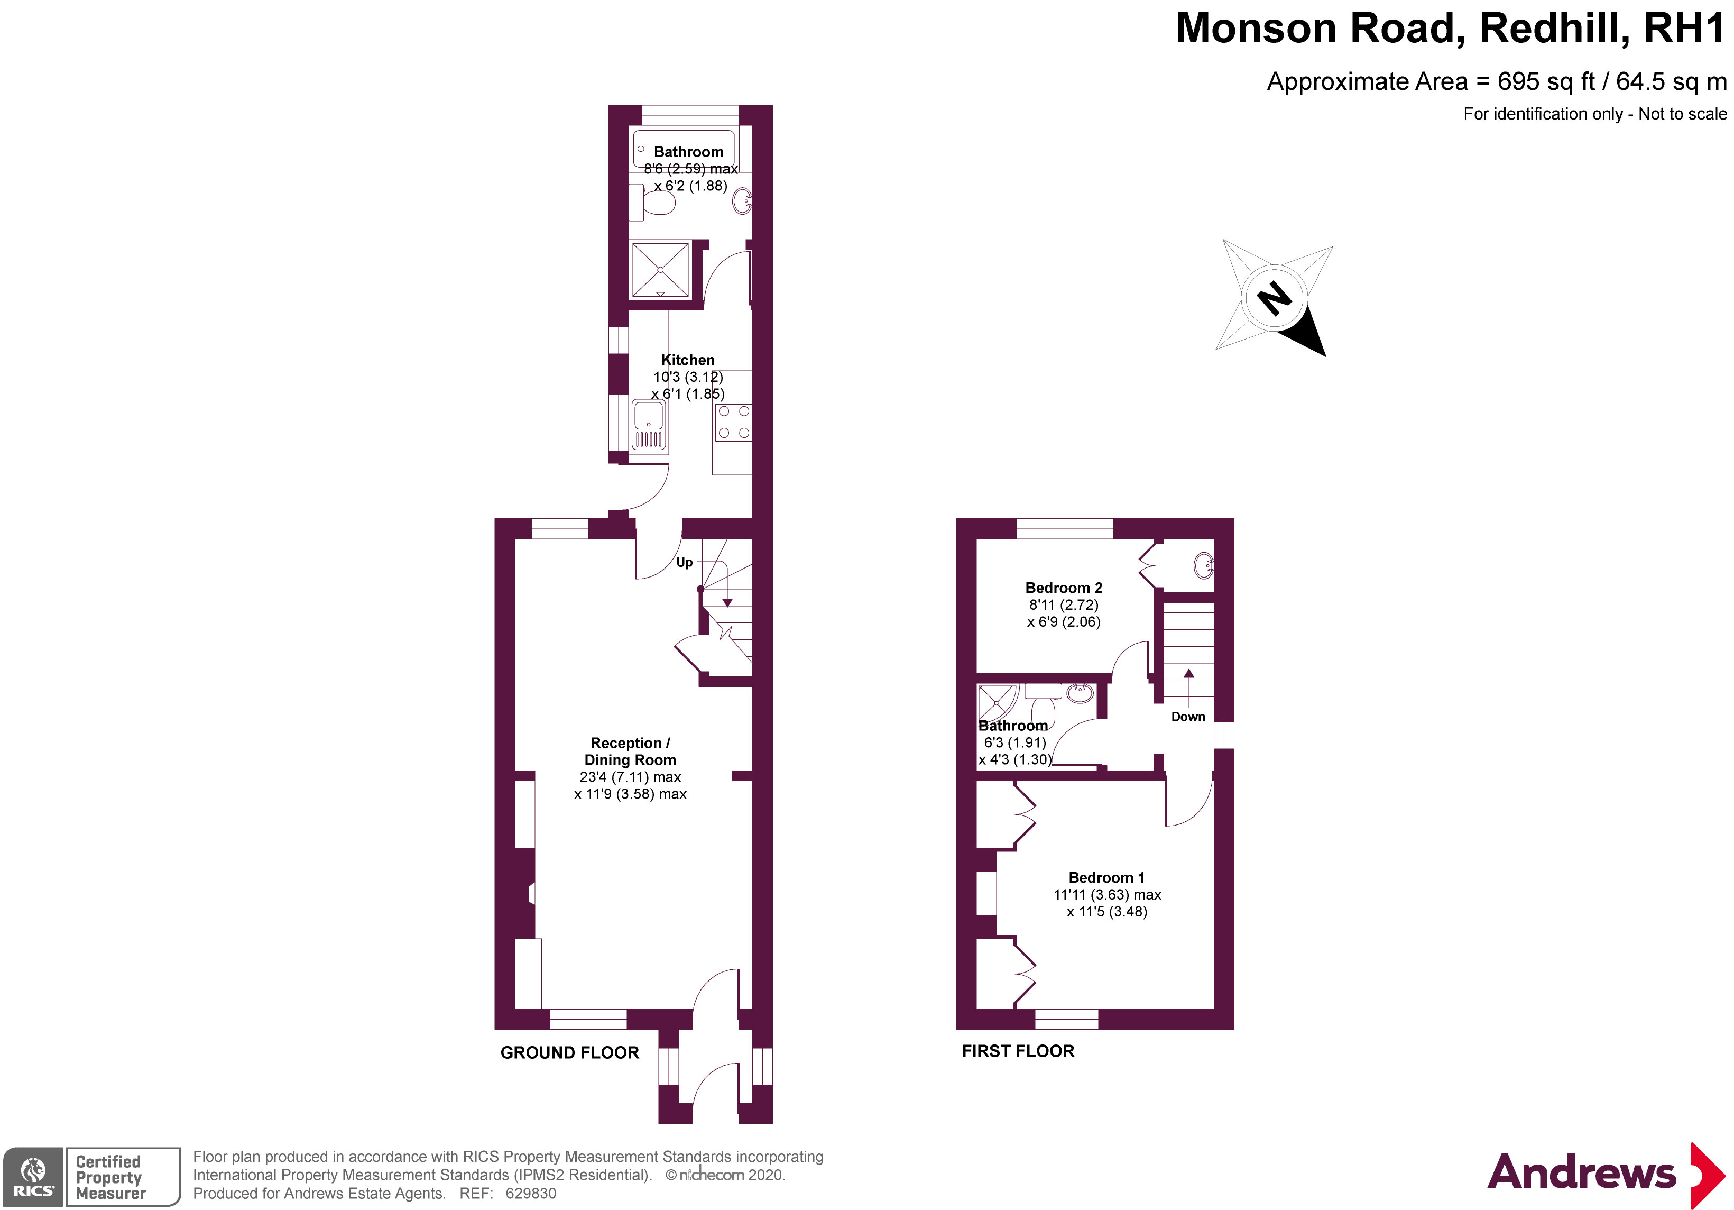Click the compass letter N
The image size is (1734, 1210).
tap(1275, 298)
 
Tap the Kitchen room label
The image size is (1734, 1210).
tap(687, 360)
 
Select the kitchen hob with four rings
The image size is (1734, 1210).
tap(733, 422)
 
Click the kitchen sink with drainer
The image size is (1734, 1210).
tap(649, 425)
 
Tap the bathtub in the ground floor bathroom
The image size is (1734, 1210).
tap(684, 151)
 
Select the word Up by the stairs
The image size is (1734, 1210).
tap(684, 563)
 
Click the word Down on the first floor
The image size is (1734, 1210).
tap(1188, 717)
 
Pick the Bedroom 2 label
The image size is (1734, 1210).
tap(1063, 588)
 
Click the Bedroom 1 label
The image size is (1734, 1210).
tap(1106, 878)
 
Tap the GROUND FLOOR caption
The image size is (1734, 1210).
tap(569, 1053)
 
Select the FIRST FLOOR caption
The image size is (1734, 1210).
tap(1017, 1051)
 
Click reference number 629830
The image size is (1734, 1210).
tap(531, 1194)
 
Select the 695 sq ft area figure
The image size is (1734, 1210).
tap(1546, 81)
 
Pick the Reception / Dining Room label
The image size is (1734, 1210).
tap(630, 751)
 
